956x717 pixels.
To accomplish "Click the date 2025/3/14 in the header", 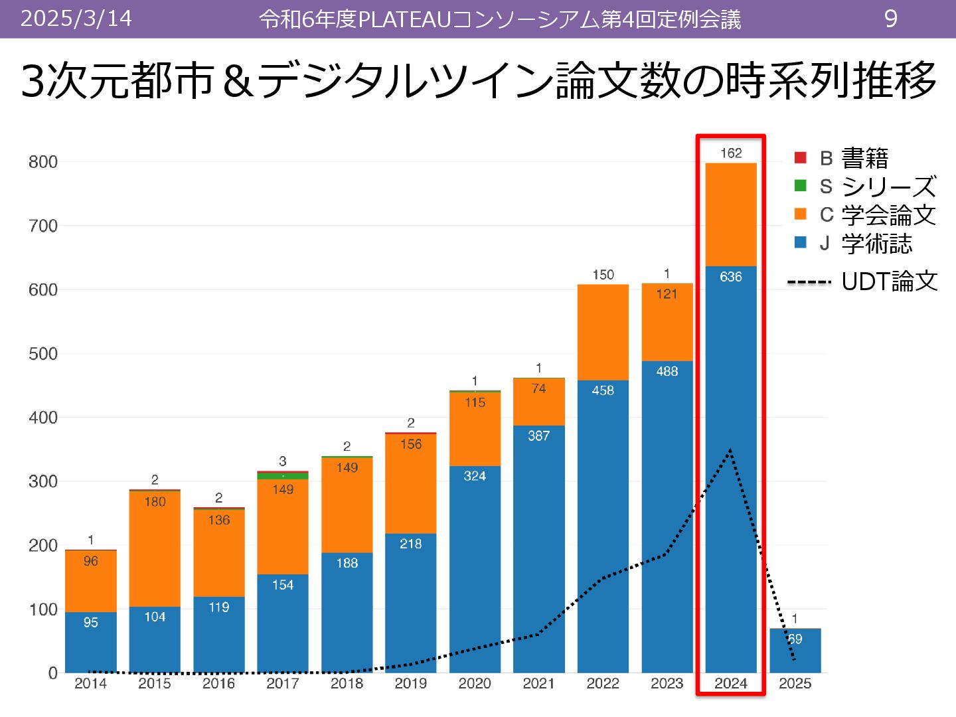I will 76,19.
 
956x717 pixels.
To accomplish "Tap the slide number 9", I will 891,19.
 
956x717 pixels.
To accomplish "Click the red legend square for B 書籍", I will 801,157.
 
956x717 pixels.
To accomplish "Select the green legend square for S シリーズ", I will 801,186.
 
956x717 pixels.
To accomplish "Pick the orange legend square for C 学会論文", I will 801,214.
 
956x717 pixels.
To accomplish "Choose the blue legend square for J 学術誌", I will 801,242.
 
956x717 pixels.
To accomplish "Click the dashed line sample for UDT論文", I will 809,282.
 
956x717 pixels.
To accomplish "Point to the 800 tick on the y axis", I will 43,162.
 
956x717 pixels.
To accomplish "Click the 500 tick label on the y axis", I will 43,354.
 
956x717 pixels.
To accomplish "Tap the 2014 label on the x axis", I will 90,684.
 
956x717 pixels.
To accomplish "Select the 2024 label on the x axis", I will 731,684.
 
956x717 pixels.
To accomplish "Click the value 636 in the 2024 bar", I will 731,277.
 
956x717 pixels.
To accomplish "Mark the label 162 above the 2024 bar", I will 731,153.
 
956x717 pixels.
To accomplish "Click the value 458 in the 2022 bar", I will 603,390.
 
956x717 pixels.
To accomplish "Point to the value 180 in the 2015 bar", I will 155,502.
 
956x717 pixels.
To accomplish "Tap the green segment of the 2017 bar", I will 283,476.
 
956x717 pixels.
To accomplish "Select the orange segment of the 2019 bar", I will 411,488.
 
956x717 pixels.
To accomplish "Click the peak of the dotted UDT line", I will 730,450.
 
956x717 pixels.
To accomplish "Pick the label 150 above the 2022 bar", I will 603,275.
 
